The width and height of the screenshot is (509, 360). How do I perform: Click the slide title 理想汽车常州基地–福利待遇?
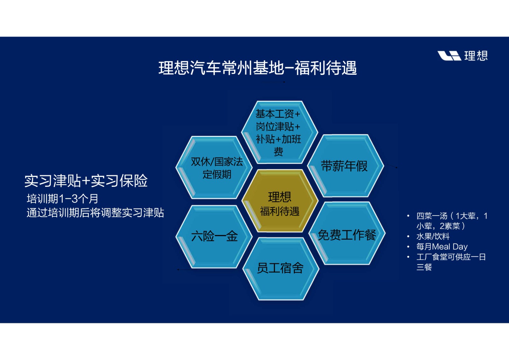[x=257, y=68]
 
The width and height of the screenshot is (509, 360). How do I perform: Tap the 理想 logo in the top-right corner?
[x=463, y=56]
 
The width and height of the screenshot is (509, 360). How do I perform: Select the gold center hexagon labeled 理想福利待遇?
[x=280, y=201]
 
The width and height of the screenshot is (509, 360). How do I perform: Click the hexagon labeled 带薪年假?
[x=345, y=166]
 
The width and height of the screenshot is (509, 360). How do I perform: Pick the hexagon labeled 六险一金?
[x=214, y=236]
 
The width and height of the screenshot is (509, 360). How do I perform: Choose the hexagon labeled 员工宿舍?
[x=281, y=269]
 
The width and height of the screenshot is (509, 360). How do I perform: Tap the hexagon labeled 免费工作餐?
[x=347, y=233]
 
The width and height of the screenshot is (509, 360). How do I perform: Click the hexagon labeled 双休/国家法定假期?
[x=214, y=167]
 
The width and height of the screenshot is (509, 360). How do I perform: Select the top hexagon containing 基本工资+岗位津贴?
[x=280, y=132]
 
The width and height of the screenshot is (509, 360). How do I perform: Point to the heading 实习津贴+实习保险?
[x=86, y=181]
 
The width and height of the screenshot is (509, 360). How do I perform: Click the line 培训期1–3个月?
[x=62, y=199]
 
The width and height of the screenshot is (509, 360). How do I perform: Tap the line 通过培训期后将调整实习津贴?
[x=95, y=213]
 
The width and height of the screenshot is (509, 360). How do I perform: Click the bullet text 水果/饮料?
[x=433, y=236]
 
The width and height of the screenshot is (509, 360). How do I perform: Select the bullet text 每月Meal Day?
[x=442, y=247]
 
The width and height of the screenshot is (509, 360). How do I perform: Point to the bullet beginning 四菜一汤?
[x=452, y=221]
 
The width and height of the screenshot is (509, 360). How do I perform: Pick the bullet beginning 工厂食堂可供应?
[x=451, y=262]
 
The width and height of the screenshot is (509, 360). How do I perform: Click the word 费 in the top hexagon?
[x=278, y=152]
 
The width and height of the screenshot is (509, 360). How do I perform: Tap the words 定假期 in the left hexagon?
[x=217, y=174]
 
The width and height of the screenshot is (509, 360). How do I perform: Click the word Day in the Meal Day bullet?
[x=460, y=247]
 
